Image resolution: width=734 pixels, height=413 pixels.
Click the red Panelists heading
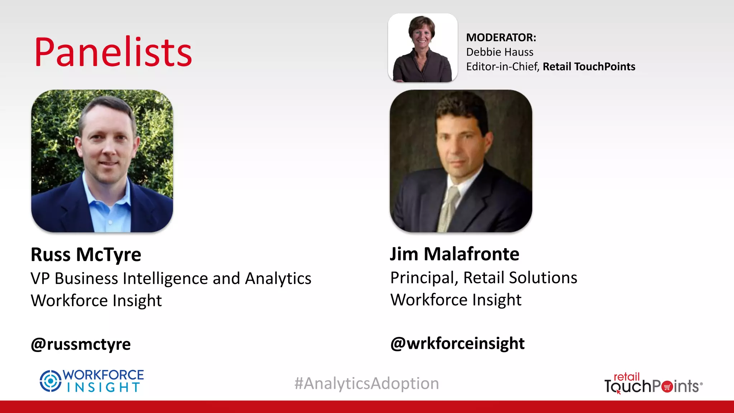(x=113, y=52)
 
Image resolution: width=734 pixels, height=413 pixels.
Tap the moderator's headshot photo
(x=423, y=48)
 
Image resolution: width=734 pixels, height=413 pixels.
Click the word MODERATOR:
(x=501, y=37)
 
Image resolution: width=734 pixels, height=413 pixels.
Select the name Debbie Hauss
(x=500, y=52)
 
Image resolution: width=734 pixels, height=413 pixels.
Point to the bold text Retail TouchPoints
(x=589, y=67)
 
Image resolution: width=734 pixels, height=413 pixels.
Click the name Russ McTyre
(x=86, y=255)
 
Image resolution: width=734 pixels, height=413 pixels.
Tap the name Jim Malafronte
(x=454, y=254)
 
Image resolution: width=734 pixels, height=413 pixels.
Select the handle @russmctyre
(x=81, y=344)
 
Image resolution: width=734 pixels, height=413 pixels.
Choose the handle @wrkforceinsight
(x=457, y=343)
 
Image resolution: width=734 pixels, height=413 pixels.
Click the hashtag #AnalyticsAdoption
(x=367, y=383)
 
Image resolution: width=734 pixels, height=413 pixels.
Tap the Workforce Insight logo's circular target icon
(x=51, y=381)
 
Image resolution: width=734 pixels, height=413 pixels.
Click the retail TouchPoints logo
(x=653, y=384)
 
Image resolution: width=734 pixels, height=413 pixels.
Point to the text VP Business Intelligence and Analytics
(x=171, y=279)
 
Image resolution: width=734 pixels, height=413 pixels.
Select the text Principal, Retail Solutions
(x=483, y=278)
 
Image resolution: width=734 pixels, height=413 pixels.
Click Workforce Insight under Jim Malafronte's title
(x=456, y=300)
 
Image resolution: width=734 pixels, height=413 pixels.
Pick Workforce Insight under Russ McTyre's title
(x=96, y=300)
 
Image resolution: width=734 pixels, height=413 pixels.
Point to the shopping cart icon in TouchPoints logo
(x=667, y=387)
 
